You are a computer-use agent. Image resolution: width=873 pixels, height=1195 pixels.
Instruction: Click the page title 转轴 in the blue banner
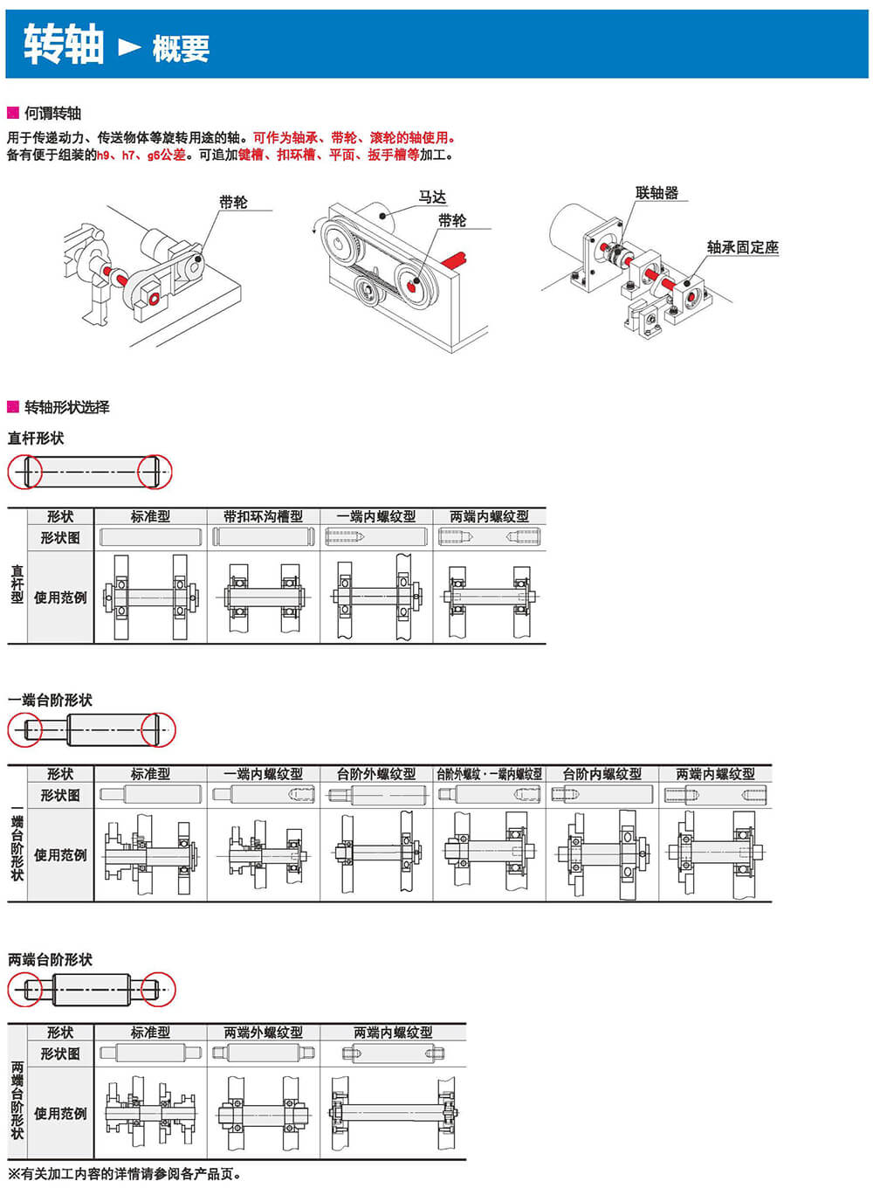[x=63, y=45]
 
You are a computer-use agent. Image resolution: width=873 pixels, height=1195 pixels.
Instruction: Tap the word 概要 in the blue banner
[x=181, y=49]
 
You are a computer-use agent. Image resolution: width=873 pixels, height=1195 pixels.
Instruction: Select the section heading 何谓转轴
[x=52, y=113]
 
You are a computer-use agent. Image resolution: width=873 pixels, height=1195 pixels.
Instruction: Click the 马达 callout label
[x=432, y=197]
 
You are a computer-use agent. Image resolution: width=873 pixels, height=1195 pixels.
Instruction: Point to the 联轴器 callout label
[x=656, y=193]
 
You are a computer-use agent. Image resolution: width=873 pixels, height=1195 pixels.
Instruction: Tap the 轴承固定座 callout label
[x=742, y=247]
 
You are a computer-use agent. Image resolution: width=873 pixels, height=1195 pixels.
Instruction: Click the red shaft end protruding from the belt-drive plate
[x=456, y=259]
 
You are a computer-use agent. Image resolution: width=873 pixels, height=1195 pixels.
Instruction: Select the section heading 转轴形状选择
[x=66, y=407]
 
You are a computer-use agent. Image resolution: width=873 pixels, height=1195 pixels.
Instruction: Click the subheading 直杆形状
[x=36, y=438]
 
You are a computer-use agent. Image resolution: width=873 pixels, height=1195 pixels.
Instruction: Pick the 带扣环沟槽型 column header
[x=263, y=516]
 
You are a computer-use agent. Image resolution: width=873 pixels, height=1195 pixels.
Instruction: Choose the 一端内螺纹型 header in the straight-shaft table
[x=376, y=516]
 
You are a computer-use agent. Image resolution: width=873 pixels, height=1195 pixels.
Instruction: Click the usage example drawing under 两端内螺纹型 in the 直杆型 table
[x=489, y=597]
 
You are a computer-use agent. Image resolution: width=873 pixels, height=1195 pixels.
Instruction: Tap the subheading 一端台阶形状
[x=50, y=700]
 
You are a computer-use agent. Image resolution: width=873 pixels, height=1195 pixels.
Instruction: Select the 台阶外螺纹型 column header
[x=376, y=774]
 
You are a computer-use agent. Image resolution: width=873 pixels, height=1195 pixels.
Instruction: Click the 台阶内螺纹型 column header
[x=602, y=774]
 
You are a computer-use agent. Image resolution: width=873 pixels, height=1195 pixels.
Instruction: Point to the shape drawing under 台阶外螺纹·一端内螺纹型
[x=489, y=795]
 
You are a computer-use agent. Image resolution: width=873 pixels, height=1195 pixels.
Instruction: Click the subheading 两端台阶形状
[x=50, y=959]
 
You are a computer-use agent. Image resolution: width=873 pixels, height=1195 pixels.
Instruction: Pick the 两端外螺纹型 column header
[x=263, y=1033]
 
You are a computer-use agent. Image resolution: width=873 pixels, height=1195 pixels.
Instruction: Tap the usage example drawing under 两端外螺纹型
[x=263, y=1114]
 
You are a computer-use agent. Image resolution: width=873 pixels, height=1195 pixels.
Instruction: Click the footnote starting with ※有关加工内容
[x=124, y=1174]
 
